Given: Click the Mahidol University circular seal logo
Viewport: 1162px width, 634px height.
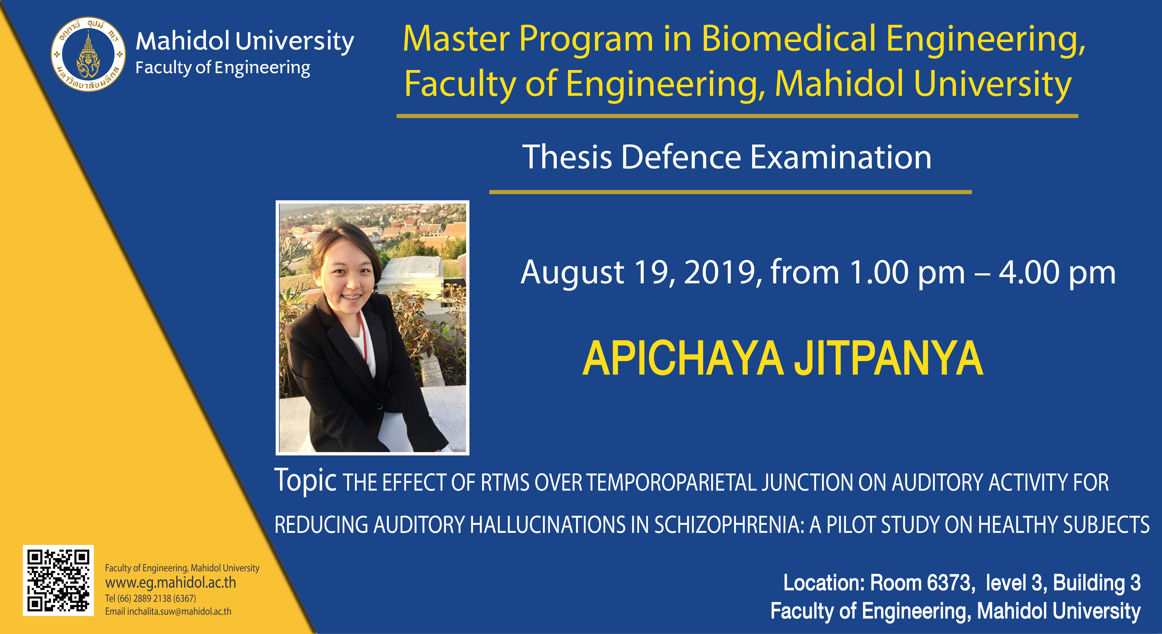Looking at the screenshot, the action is click(x=88, y=55).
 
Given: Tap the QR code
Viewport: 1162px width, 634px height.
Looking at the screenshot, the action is click(x=58, y=580).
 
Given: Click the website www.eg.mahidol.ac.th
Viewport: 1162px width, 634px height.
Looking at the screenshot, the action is click(x=171, y=583).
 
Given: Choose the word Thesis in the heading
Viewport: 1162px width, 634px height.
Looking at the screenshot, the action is click(x=567, y=157).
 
